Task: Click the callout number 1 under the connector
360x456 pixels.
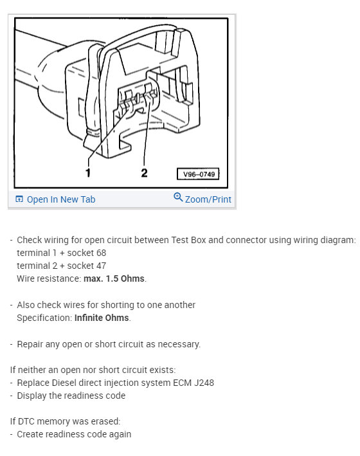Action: (88, 173)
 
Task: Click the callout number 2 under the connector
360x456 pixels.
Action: (144, 173)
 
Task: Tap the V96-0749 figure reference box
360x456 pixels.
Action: (198, 174)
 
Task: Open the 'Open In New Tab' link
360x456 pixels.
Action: (61, 199)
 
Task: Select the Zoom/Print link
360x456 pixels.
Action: (208, 199)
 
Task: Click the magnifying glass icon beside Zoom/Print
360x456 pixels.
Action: (178, 197)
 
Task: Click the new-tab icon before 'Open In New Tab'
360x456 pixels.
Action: (19, 199)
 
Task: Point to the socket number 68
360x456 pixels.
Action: (101, 253)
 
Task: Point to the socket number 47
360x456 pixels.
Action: (101, 266)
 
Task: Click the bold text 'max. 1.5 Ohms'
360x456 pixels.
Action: (114, 278)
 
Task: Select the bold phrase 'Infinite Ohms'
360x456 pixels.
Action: (102, 318)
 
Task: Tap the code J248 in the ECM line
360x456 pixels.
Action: (204, 383)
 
